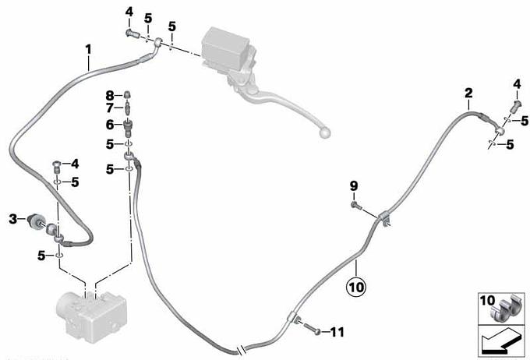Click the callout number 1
click(89, 49)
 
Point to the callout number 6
click(110, 124)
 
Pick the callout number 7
click(110, 108)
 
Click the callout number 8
click(110, 95)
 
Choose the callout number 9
click(353, 185)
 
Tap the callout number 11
click(336, 332)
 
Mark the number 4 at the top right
click(516, 83)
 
